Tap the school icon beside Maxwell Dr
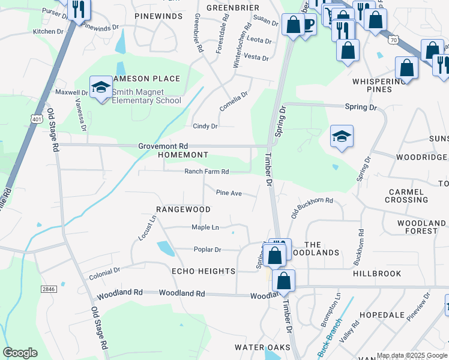(x=101, y=88)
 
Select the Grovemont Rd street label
(x=163, y=146)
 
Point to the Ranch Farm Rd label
(x=206, y=172)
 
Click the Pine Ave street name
(x=229, y=193)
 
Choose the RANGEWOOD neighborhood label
(x=183, y=209)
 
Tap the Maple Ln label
(x=205, y=227)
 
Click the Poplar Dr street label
(x=207, y=250)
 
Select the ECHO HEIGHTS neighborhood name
(x=203, y=271)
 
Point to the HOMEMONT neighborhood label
(x=182, y=155)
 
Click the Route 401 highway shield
(x=36, y=119)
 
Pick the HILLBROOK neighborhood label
(x=377, y=273)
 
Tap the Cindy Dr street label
(x=205, y=127)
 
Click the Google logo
(x=20, y=353)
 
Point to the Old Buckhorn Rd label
(x=312, y=207)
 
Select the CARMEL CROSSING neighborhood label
(x=408, y=196)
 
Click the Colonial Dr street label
(x=104, y=273)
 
